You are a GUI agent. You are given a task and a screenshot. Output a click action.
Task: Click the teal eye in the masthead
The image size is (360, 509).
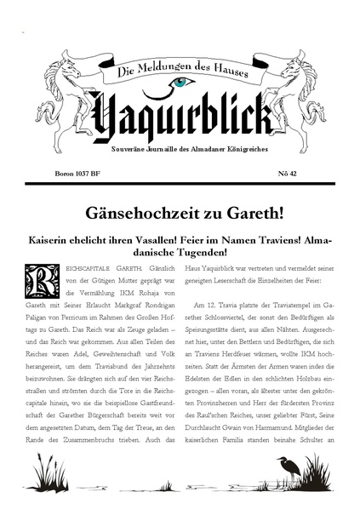pyautogui.click(x=181, y=83)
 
